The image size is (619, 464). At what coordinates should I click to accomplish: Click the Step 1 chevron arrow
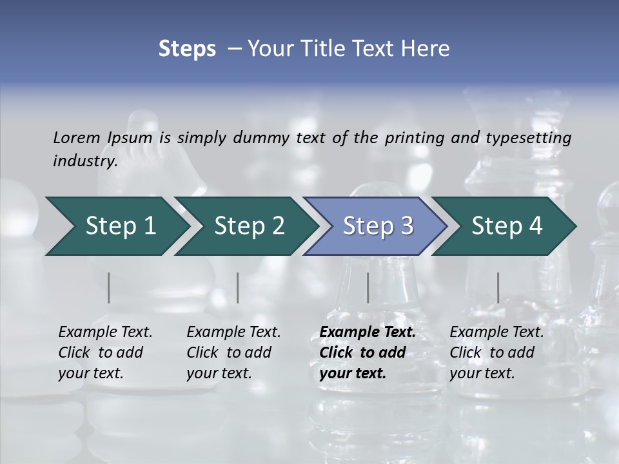click(116, 226)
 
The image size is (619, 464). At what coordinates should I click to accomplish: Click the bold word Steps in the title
click(187, 49)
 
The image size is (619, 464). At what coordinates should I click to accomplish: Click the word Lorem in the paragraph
click(76, 137)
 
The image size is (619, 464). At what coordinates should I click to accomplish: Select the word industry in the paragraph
click(84, 161)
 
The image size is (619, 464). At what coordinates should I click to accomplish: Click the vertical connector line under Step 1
click(109, 287)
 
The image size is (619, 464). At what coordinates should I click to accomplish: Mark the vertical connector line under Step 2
click(238, 287)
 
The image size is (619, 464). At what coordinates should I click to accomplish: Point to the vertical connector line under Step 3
click(368, 287)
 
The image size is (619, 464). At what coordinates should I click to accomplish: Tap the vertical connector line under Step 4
click(498, 287)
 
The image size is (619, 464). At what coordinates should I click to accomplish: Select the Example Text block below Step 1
click(105, 353)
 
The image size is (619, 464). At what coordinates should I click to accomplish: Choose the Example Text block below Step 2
click(233, 353)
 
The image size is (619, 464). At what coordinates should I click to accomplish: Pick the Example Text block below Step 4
click(496, 353)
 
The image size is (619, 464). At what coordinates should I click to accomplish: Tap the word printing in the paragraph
click(415, 137)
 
